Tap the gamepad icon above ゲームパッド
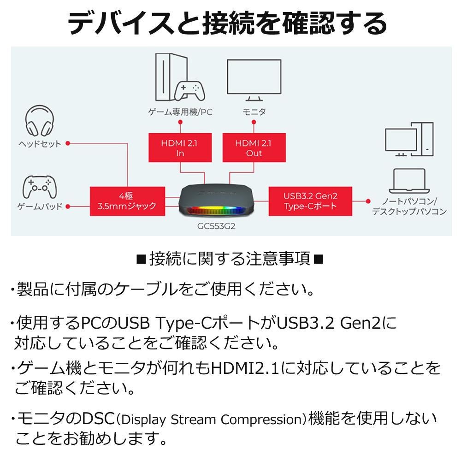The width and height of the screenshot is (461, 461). click(39, 187)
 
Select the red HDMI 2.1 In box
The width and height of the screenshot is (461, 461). click(180, 148)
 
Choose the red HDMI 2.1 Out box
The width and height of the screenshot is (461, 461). click(254, 148)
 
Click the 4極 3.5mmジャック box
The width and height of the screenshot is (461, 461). click(127, 201)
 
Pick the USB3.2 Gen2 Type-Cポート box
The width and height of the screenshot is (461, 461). click(310, 201)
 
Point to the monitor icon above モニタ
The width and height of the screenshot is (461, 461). click(254, 79)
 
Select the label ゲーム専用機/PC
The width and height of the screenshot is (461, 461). click(180, 112)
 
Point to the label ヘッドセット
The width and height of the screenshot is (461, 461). click(40, 144)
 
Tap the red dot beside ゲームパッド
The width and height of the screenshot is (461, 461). click(68, 206)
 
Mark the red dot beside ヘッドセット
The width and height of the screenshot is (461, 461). click(68, 143)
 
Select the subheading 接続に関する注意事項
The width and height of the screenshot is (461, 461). click(230, 259)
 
